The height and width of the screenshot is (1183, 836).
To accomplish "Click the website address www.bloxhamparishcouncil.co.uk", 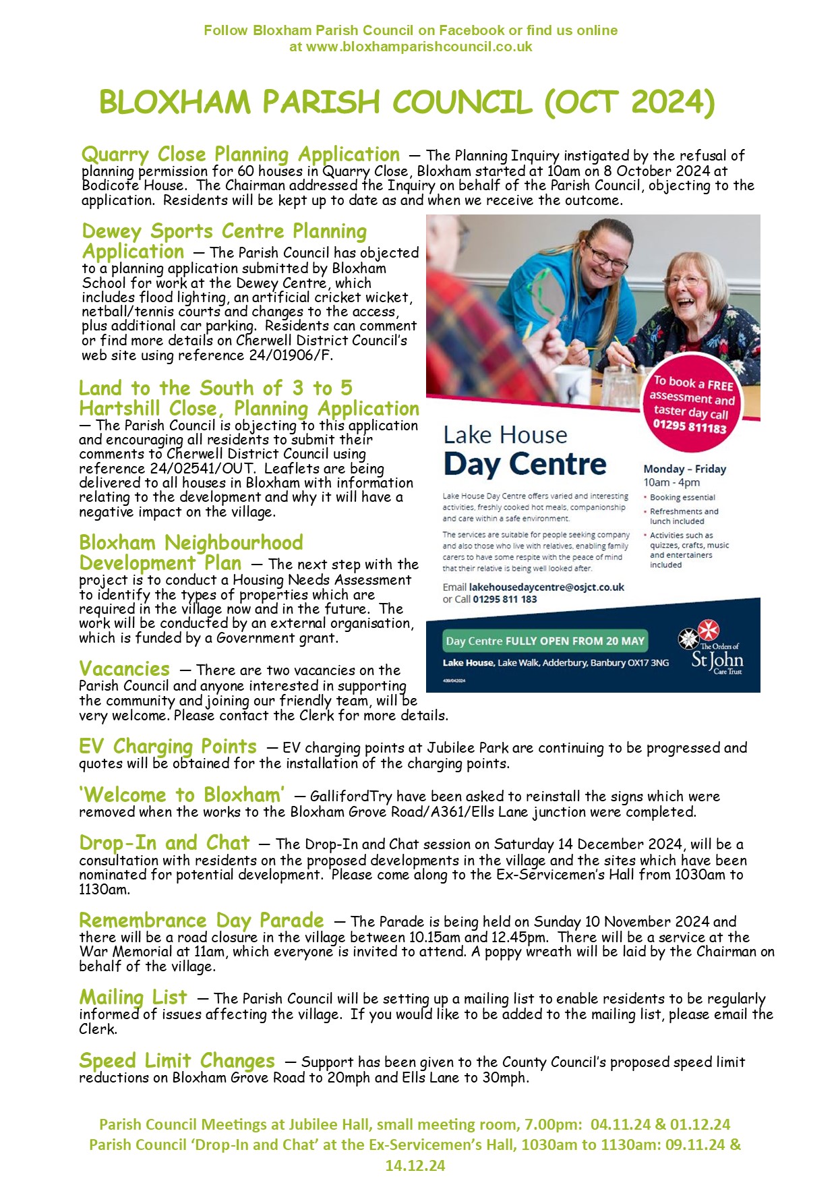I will [x=419, y=47].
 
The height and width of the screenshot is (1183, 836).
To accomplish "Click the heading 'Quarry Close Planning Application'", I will [x=240, y=154].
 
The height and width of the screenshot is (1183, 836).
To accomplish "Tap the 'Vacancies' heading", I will [x=125, y=669].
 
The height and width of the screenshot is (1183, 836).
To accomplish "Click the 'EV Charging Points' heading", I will [x=168, y=747].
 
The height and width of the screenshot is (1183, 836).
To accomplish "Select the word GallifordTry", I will [x=351, y=797].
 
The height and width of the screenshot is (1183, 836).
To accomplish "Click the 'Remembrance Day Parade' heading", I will [x=201, y=921].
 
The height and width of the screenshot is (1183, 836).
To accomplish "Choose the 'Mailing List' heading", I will [x=133, y=998].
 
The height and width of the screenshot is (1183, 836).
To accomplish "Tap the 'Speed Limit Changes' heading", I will [x=177, y=1061].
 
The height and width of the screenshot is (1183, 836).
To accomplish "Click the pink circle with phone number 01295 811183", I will [x=690, y=404].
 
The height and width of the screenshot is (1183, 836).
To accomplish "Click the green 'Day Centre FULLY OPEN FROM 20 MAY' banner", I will [x=545, y=641].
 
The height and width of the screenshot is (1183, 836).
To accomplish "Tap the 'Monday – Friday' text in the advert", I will [x=684, y=469].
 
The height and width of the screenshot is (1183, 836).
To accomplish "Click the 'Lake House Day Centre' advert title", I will [x=524, y=451].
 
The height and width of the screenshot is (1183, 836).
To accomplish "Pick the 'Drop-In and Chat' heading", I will [x=165, y=843].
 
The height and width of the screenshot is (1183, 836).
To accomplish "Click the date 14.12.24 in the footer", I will [x=415, y=1165].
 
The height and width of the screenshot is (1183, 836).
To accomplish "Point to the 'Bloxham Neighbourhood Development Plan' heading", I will [x=191, y=552].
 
